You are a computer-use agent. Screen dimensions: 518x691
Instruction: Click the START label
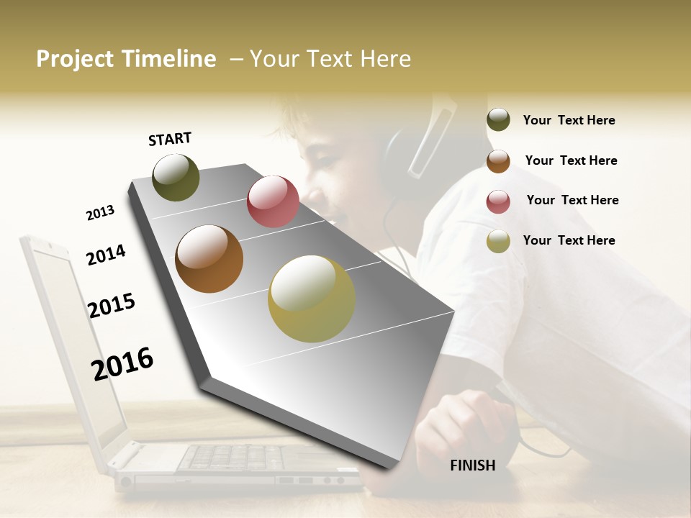[170, 139]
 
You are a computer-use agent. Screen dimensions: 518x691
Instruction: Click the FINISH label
[472, 465]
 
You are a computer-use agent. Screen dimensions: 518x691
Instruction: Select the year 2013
[100, 213]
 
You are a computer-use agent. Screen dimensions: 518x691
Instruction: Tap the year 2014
[106, 255]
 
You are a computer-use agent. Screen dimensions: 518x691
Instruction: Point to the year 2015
[112, 305]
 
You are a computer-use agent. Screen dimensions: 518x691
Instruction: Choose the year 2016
[122, 363]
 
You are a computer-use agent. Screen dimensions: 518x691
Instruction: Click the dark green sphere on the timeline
[176, 178]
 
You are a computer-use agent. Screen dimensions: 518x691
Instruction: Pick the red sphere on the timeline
[273, 201]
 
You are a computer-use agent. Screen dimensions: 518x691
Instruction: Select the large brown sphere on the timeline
[209, 259]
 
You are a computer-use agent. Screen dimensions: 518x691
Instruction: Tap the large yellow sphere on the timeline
[312, 299]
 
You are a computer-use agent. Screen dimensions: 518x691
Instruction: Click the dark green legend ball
[498, 120]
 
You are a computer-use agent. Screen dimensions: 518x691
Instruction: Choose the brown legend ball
[498, 161]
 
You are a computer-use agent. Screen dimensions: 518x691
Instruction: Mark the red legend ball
[498, 201]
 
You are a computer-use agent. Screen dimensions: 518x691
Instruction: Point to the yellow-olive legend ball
[498, 242]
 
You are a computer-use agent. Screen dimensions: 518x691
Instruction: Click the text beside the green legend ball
[569, 120]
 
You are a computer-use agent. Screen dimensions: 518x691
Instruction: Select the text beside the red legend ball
[572, 200]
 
